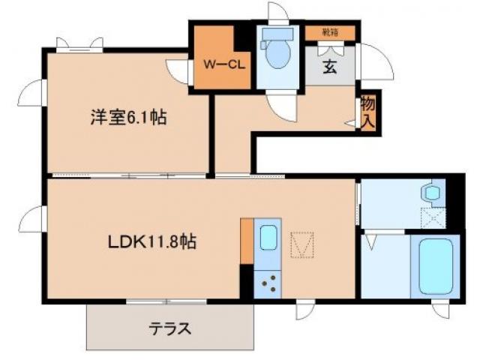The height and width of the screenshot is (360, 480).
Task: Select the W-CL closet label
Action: click(221, 63)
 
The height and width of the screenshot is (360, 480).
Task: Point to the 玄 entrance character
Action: click(330, 66)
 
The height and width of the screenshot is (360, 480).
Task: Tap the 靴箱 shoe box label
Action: click(330, 31)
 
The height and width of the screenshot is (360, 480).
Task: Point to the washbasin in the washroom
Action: click(431, 192)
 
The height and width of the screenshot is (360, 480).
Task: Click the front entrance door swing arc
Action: click(377, 63)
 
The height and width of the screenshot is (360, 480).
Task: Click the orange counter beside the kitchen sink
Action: click(247, 241)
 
